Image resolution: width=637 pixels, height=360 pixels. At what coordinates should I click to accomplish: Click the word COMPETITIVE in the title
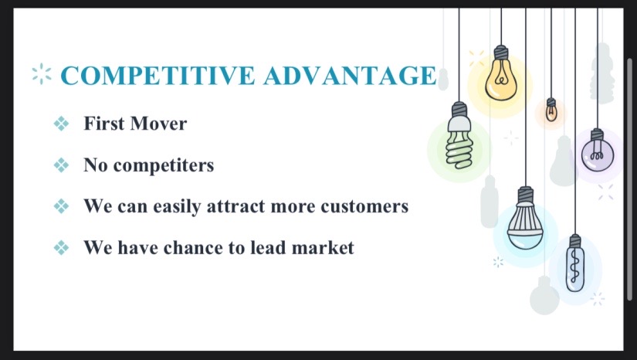tap(158, 76)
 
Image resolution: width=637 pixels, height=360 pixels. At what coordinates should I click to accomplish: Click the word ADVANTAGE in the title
tap(351, 76)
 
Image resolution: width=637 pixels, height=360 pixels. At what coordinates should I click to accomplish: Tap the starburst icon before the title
tap(42, 74)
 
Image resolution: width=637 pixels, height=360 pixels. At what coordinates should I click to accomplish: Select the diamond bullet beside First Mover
tap(61, 124)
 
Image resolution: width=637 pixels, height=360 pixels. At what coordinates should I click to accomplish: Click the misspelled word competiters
tap(164, 166)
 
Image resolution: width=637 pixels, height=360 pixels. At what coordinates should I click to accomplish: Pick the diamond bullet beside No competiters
tap(61, 165)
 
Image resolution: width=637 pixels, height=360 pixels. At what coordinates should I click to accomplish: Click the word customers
tap(364, 206)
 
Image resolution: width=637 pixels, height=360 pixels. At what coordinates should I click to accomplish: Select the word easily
tap(177, 207)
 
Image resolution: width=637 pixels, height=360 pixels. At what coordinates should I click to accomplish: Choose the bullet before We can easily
tap(61, 206)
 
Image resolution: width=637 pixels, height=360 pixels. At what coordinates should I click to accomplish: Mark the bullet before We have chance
tap(61, 247)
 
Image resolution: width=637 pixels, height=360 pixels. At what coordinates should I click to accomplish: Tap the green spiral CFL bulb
tap(459, 136)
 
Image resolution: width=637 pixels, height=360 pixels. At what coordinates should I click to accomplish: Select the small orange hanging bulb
tap(551, 110)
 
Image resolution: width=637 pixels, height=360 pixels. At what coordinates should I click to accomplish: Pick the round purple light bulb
tap(597, 151)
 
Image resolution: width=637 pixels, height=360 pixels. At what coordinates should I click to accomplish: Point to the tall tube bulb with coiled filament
tap(575, 263)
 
